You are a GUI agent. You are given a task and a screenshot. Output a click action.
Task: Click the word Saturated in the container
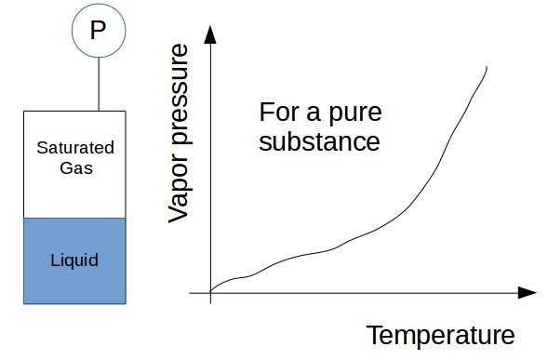[x=74, y=148]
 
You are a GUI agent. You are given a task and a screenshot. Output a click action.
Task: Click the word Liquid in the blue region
[x=74, y=259]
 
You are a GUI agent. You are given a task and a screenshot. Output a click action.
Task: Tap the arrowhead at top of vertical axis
[x=211, y=35]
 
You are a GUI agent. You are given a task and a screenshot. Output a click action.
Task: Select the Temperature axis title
[x=440, y=335]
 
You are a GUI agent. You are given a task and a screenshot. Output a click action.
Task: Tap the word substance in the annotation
[x=319, y=143]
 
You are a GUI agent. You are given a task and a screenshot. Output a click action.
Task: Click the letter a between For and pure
[x=312, y=116]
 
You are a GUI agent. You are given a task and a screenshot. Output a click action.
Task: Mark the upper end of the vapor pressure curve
[x=487, y=67]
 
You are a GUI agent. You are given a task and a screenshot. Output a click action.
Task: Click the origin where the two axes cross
[x=211, y=293]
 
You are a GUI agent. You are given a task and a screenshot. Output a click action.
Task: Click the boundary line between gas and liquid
[x=74, y=218]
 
